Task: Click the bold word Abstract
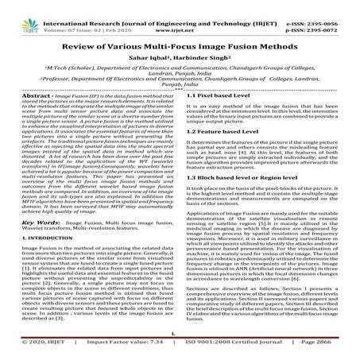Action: tap(23, 118)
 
